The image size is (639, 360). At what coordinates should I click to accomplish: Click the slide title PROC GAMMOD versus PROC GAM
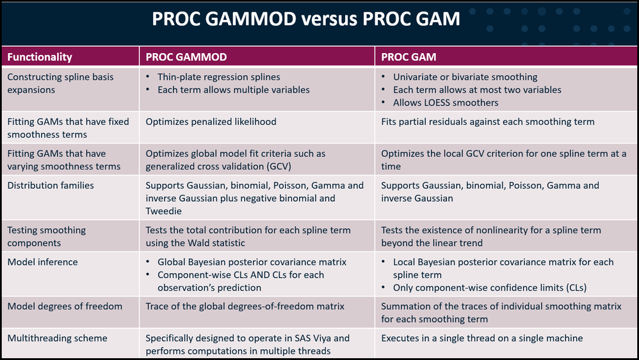tap(305, 19)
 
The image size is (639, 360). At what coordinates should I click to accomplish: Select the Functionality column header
tap(40, 56)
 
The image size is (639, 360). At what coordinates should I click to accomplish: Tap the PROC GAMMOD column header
tap(186, 56)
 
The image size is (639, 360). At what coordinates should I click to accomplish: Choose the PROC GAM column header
tap(408, 56)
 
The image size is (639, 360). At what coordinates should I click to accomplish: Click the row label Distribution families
tap(51, 186)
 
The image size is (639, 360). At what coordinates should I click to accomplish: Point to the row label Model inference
tap(42, 262)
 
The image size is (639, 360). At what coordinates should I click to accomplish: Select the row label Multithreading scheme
tap(58, 338)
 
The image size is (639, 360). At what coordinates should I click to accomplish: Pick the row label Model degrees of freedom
tap(65, 307)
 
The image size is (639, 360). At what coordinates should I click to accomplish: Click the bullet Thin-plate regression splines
tap(219, 77)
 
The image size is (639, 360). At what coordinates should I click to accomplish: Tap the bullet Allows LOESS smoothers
tap(446, 102)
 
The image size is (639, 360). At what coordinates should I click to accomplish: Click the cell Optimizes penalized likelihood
tap(211, 122)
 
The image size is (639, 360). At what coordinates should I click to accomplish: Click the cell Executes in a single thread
tap(481, 338)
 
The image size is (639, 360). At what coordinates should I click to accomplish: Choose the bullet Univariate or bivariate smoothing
tap(465, 77)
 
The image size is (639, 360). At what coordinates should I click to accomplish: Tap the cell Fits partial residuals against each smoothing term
tap(487, 122)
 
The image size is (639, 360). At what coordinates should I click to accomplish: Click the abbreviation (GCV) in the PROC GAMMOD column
tap(279, 167)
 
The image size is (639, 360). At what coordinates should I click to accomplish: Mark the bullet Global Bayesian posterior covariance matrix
tap(252, 262)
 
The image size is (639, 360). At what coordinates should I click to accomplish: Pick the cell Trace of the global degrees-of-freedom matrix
tap(245, 307)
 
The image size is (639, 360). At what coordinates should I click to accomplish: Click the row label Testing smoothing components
tap(47, 236)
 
